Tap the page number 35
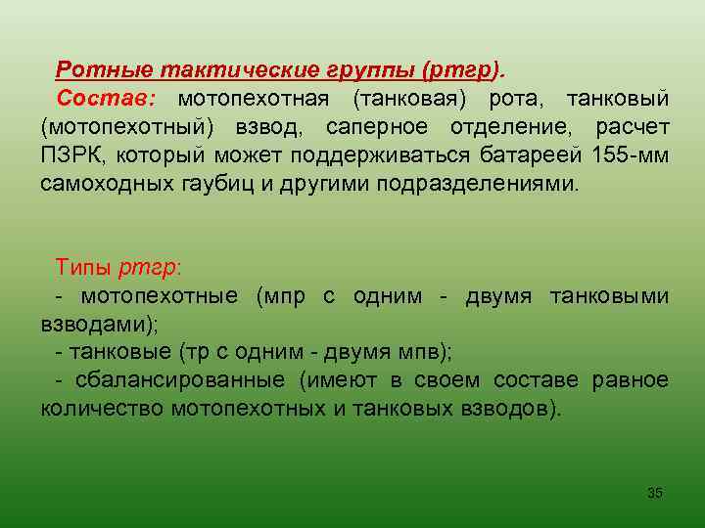[655, 493]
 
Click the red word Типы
[85, 267]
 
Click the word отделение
[511, 127]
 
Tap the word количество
[101, 409]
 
